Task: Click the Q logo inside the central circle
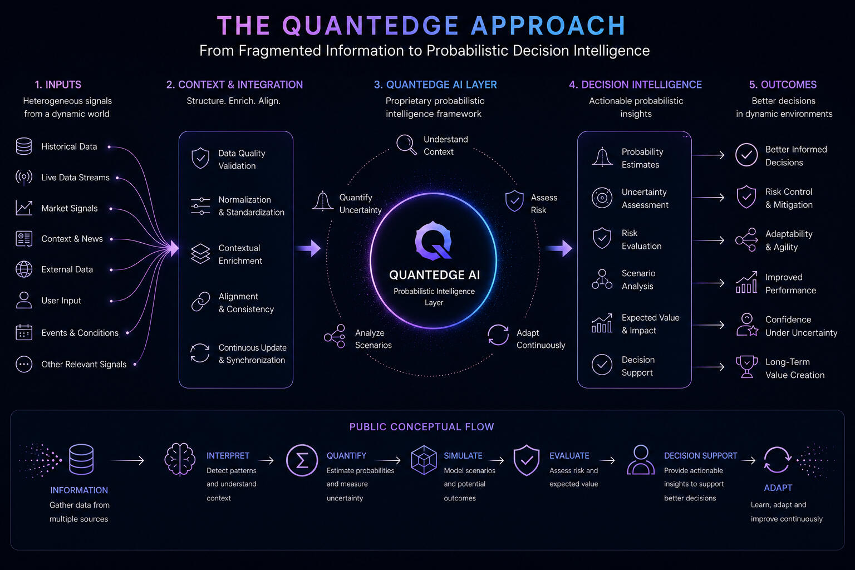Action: click(433, 240)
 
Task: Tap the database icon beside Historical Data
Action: click(24, 146)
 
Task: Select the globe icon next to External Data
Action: click(24, 269)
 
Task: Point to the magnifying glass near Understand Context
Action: click(406, 144)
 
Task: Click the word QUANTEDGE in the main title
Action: click(370, 26)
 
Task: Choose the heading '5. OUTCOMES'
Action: click(783, 85)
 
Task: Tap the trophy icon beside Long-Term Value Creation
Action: click(746, 367)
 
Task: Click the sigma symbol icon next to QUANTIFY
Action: click(302, 460)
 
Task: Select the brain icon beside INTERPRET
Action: click(180, 459)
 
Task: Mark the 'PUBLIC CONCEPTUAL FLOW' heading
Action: click(422, 426)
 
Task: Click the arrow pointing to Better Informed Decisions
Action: click(708, 155)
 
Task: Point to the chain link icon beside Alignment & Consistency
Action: click(200, 302)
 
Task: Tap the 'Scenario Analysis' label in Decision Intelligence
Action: click(638, 279)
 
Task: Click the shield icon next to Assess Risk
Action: click(514, 200)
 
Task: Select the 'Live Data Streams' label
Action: click(75, 178)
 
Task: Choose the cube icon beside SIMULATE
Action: click(424, 460)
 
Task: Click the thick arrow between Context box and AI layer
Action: click(308, 248)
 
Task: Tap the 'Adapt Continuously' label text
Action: click(540, 338)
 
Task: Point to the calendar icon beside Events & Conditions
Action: click(24, 332)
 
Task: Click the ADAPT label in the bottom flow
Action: click(778, 488)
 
